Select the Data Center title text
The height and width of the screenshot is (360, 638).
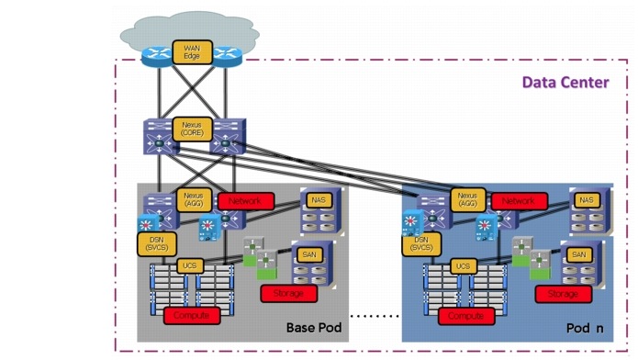pyautogui.click(x=565, y=83)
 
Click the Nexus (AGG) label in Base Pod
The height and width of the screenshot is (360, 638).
pyautogui.click(x=193, y=199)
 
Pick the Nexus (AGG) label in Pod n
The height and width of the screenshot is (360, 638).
pyautogui.click(x=466, y=199)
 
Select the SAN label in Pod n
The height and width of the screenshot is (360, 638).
pyautogui.click(x=579, y=254)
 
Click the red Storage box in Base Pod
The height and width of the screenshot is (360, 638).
pyautogui.click(x=288, y=294)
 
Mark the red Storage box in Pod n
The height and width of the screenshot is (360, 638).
pyautogui.click(x=563, y=294)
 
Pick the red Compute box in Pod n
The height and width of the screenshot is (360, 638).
pyautogui.click(x=466, y=315)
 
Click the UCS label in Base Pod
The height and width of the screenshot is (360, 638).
pyautogui.click(x=188, y=265)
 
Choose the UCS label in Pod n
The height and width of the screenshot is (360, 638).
pyautogui.click(x=463, y=265)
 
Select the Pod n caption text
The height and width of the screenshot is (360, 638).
pyautogui.click(x=584, y=328)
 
